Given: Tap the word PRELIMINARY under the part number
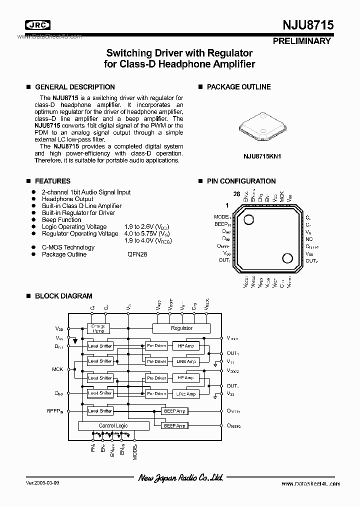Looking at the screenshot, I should coord(301,41).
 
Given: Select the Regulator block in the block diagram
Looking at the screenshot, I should coord(181,328).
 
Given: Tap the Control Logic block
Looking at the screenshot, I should coord(113,426).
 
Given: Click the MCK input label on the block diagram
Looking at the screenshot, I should coord(57,369).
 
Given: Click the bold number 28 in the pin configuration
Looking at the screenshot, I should coord(236,194).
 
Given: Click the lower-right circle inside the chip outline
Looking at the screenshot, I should coord(287,258).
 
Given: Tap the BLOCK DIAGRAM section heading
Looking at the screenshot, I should coord(63,296).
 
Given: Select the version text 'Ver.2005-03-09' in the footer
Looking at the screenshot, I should coord(44,484).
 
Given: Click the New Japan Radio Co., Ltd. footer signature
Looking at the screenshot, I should coord(180,478).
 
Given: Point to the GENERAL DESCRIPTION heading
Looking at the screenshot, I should coord(74,86).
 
